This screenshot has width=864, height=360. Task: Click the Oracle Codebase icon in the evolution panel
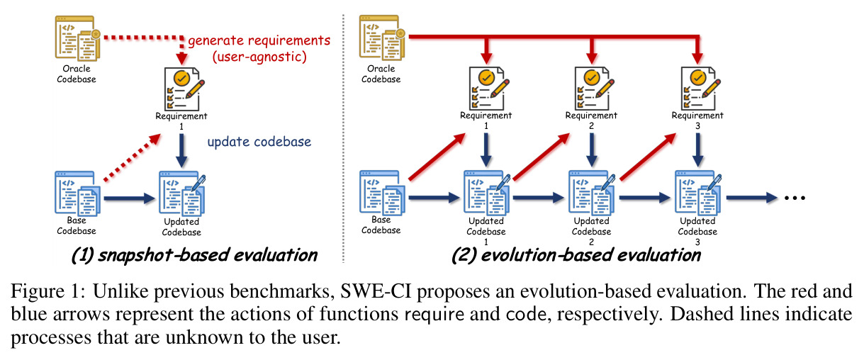point(382,38)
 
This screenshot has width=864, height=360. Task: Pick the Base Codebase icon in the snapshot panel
point(77,193)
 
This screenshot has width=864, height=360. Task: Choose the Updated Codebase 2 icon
point(592,194)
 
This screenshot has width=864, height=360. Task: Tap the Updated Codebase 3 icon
point(698,194)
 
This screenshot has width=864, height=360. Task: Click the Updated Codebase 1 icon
point(487,194)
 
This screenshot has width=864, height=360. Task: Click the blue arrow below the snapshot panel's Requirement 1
point(181,151)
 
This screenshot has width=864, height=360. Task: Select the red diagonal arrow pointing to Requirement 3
point(648,157)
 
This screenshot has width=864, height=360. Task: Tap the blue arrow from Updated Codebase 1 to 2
point(539,198)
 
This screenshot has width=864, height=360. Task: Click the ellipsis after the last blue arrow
point(795,198)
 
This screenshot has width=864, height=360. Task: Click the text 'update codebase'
point(259,142)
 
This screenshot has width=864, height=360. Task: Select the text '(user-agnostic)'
point(259,57)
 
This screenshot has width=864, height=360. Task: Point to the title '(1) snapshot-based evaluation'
point(194,255)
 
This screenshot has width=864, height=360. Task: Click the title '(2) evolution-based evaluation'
point(576,255)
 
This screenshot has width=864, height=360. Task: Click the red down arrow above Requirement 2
point(592,50)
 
